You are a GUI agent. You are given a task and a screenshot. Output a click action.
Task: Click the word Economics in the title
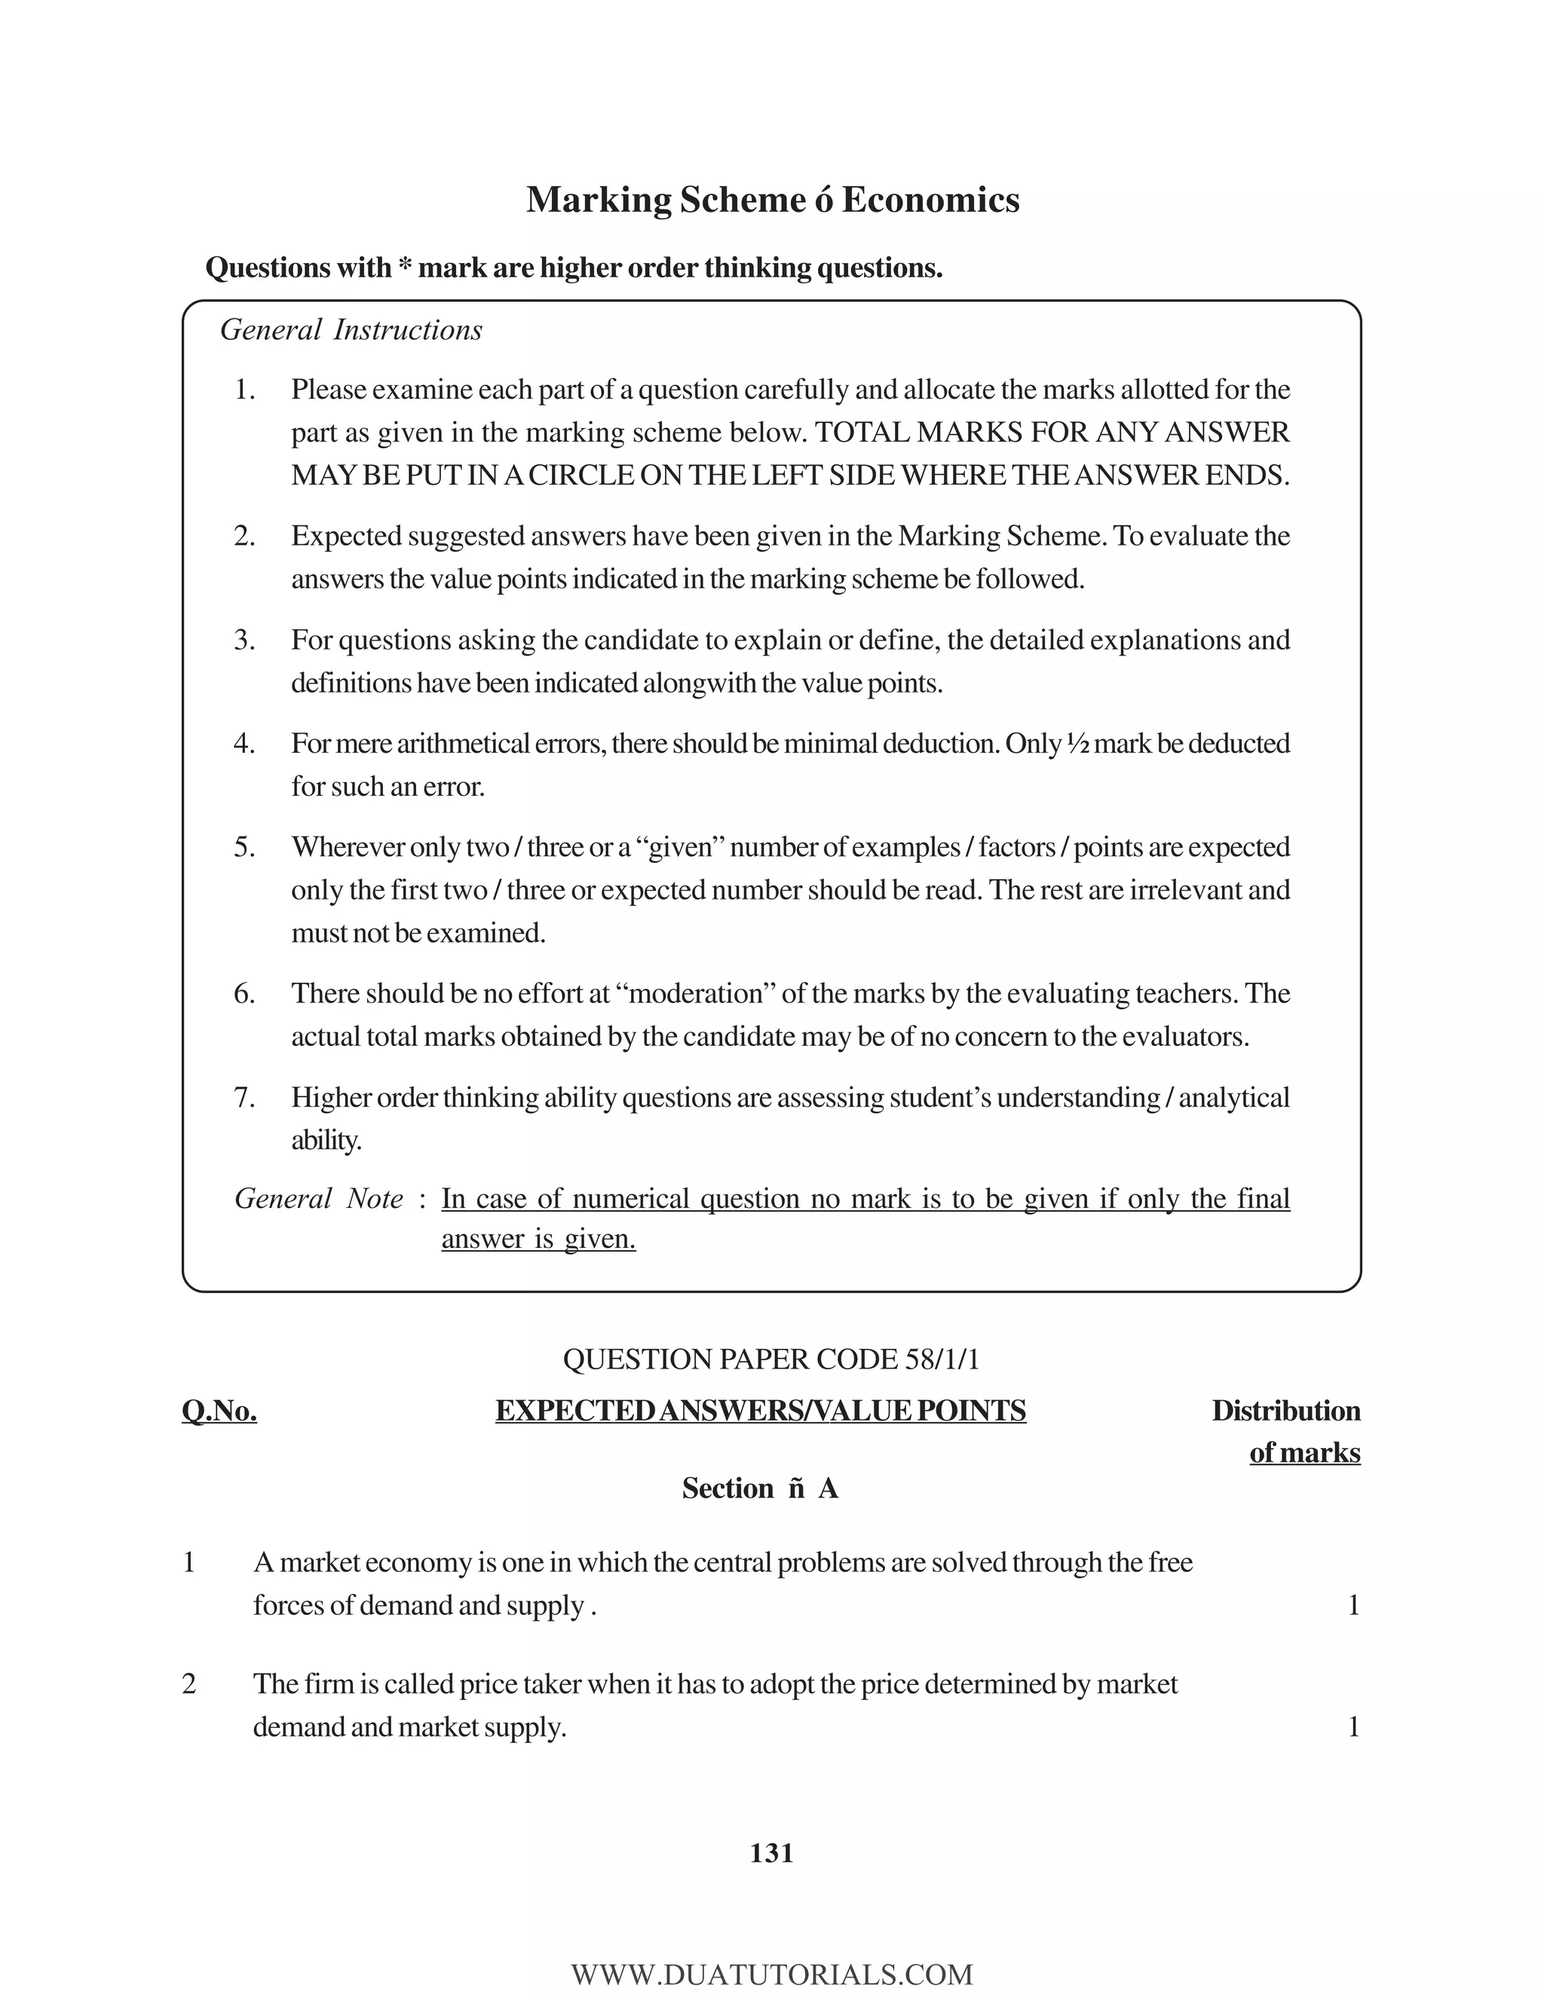pyautogui.click(x=930, y=200)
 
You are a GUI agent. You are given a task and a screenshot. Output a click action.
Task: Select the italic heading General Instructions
pyautogui.click(x=351, y=330)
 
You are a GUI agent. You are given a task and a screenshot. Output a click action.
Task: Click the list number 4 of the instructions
pyautogui.click(x=244, y=743)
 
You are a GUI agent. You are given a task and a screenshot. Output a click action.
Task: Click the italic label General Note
pyautogui.click(x=318, y=1199)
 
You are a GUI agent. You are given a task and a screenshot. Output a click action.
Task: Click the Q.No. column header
pyautogui.click(x=219, y=1411)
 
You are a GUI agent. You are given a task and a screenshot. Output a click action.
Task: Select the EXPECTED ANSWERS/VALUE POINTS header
pyautogui.click(x=760, y=1411)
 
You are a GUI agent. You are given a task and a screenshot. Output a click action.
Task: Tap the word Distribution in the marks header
pyautogui.click(x=1285, y=1411)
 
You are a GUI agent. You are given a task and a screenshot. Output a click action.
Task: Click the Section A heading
pyautogui.click(x=760, y=1488)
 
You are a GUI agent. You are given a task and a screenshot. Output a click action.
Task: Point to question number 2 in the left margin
pyautogui.click(x=189, y=1684)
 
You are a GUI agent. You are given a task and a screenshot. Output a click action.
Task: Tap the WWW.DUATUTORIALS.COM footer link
pyautogui.click(x=771, y=1974)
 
